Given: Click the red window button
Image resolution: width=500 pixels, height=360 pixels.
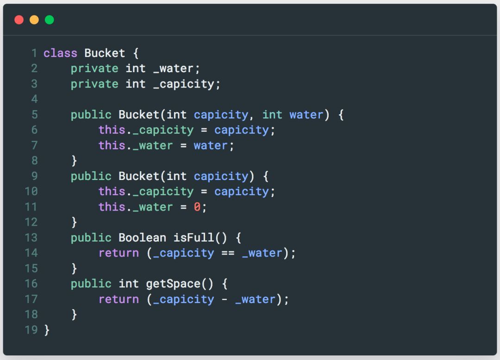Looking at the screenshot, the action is pos(19,19).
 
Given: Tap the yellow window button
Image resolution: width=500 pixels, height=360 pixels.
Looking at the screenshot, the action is pos(34,19).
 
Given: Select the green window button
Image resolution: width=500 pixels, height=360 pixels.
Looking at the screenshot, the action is pos(49,19).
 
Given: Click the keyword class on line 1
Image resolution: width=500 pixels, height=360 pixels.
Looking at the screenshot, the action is pos(60,53).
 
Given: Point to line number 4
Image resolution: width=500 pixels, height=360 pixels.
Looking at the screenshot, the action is pos(34,99).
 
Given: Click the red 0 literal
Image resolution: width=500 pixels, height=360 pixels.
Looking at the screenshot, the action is pos(197,207).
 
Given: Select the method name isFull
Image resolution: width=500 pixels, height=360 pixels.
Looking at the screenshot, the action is pos(194,238).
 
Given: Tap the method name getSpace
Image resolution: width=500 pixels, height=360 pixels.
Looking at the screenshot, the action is pos(173,284).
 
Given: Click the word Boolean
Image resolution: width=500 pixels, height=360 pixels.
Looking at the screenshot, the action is pos(142,238).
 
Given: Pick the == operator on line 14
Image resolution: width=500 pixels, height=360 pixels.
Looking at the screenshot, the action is pos(228,253).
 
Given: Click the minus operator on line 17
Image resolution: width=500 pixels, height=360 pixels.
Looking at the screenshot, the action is pos(225,299).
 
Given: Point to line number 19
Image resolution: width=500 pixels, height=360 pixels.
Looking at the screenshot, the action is pos(31,330).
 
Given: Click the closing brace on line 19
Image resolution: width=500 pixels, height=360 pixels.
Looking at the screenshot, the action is pos(46,330).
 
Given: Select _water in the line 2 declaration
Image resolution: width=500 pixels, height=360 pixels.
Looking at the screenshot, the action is pos(173,68).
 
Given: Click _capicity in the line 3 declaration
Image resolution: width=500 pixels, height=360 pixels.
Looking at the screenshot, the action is pos(183,84).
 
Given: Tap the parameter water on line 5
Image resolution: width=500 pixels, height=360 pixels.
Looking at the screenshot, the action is pos(306,114).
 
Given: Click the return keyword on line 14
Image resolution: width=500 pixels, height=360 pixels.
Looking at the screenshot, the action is pos(119,253).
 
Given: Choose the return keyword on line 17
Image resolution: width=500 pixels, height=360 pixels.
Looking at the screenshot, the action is pos(119,299).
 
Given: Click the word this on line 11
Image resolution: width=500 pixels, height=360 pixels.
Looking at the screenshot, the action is pos(112,207).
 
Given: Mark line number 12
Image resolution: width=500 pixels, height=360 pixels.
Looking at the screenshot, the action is pos(31,222).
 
